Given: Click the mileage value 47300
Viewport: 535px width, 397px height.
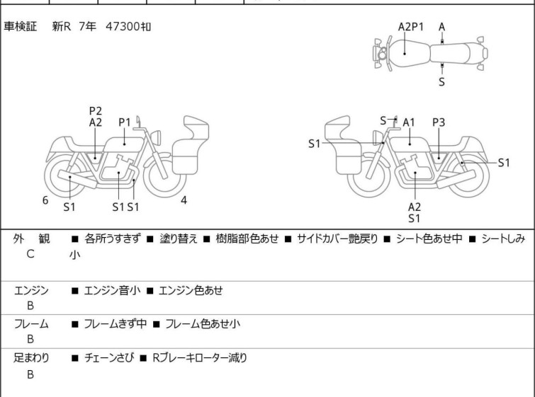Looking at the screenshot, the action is tap(123, 26).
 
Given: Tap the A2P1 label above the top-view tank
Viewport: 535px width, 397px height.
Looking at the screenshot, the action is tap(411, 27).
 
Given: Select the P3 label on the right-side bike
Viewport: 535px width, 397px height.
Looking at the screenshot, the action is tap(439, 122).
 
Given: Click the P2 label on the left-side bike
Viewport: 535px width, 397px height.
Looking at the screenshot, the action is tap(96, 111).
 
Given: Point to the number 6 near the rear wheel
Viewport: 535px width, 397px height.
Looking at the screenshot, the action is tap(45, 200).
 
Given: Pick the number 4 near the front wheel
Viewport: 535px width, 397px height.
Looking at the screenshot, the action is tap(184, 200).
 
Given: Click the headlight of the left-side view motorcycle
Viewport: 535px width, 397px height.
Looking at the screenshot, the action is tap(156, 137).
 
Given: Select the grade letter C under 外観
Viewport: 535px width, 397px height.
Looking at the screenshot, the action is tap(30, 254).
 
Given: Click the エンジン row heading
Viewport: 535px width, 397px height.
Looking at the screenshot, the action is tap(31, 291).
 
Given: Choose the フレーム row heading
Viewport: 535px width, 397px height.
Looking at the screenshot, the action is tap(31, 323).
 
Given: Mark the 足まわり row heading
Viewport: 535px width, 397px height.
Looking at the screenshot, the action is tap(31, 358).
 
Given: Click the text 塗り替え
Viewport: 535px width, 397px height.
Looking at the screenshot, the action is tap(179, 238).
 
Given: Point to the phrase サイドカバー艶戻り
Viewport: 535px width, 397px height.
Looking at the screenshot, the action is tap(337, 238).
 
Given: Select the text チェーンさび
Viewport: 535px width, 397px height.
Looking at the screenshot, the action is tap(109, 358).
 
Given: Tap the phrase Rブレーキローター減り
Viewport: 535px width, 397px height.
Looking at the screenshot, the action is tap(200, 358).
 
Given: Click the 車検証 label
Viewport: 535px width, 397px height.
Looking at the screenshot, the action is tap(20, 26).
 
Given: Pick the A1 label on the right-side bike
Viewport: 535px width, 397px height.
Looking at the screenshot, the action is tap(409, 122).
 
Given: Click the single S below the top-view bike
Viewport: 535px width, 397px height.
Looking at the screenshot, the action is tap(442, 82).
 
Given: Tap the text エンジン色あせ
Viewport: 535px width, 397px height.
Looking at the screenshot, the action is tap(191, 291).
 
